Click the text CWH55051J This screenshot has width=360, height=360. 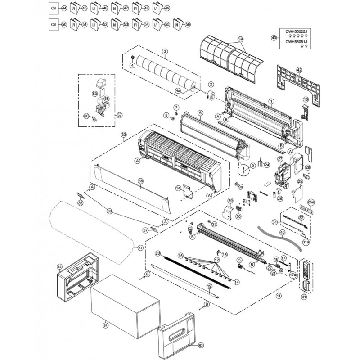coord(296,42)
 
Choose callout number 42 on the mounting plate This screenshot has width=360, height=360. coord(299,70)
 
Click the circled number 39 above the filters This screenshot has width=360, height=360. coord(240,40)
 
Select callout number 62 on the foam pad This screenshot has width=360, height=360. coord(59,266)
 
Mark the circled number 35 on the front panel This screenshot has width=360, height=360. coord(140,181)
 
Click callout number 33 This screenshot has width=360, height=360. coord(124,135)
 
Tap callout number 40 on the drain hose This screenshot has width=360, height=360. coord(282,233)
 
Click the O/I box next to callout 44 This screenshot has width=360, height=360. coord(53,9)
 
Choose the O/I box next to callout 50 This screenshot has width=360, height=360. coord(53,25)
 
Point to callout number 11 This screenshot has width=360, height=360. coord(279,296)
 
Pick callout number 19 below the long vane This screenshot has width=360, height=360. coord(209,286)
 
